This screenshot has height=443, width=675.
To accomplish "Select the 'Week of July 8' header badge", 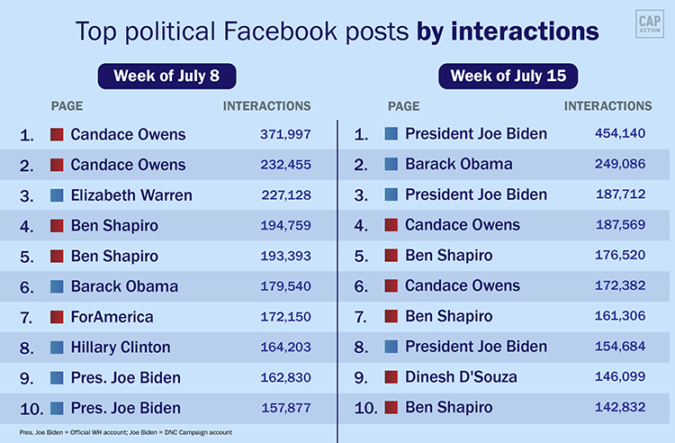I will [x=166, y=77].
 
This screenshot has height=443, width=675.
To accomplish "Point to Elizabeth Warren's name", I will [x=131, y=195].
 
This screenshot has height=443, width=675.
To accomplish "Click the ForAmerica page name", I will [x=112, y=317].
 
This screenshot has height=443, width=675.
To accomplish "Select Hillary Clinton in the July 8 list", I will [x=120, y=348].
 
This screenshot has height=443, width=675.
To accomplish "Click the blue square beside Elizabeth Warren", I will [x=56, y=195].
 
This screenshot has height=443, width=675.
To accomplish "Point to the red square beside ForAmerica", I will [x=56, y=317].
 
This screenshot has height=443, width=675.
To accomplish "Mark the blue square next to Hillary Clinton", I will [x=56, y=348].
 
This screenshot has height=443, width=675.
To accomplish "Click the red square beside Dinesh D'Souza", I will [x=391, y=377].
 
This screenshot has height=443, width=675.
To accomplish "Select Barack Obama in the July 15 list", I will [x=458, y=164].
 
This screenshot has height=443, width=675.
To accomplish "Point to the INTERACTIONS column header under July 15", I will [x=607, y=106].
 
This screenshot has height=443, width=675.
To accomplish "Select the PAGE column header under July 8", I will [x=67, y=106].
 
